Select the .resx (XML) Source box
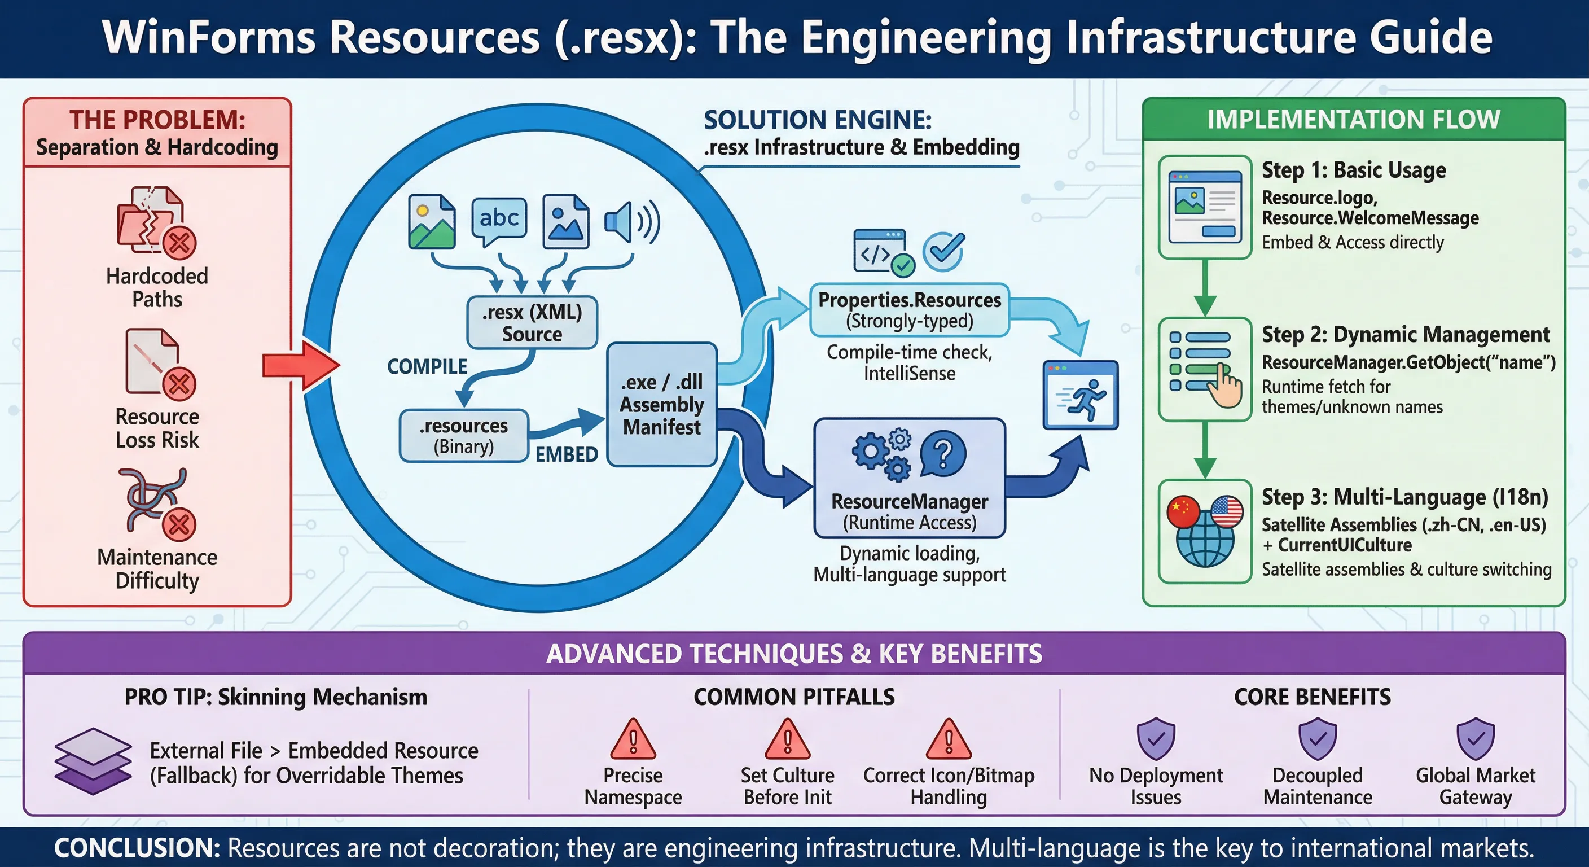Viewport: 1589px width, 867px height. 532,323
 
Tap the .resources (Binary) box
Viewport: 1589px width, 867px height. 464,436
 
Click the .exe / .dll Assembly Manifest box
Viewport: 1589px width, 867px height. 661,404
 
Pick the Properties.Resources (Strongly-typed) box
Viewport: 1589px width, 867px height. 909,310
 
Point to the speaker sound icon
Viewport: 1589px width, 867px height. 631,221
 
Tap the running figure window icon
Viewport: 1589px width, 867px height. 1080,395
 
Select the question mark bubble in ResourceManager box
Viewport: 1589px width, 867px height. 942,454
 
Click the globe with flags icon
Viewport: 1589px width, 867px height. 1204,531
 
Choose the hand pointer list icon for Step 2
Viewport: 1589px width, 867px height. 1205,369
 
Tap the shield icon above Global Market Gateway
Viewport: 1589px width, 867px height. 1476,738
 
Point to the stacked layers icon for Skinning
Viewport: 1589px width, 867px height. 93,760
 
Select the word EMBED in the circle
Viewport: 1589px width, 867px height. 567,455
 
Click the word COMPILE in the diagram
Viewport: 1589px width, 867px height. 427,366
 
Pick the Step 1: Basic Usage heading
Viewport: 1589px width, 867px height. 1353,170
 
